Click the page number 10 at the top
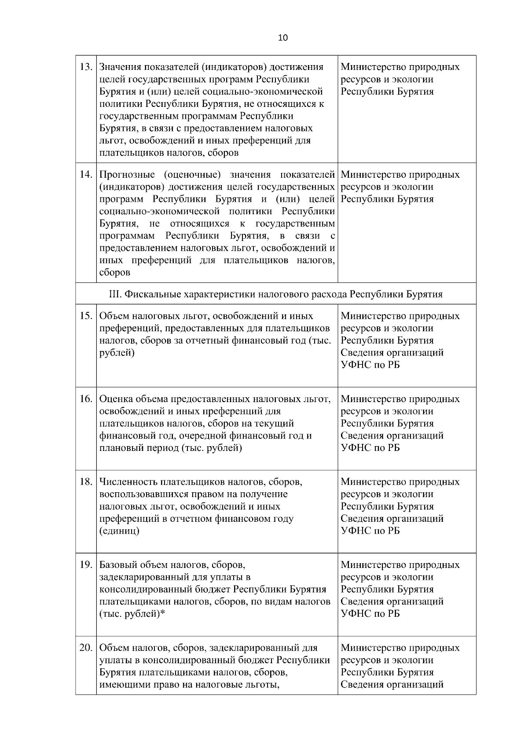click(x=283, y=38)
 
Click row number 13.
click(x=85, y=67)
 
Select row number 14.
click(x=85, y=174)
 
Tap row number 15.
click(x=85, y=316)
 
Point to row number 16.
click(x=85, y=399)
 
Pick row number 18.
click(x=85, y=482)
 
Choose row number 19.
click(x=85, y=564)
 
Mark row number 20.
click(x=85, y=648)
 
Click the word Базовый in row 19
click(x=117, y=564)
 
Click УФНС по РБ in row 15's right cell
click(x=370, y=365)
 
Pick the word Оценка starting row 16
click(x=114, y=399)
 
